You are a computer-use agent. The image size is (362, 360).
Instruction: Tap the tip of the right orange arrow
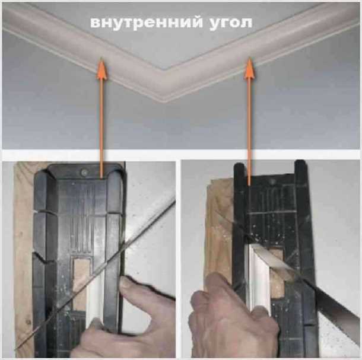[x=249, y=60]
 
